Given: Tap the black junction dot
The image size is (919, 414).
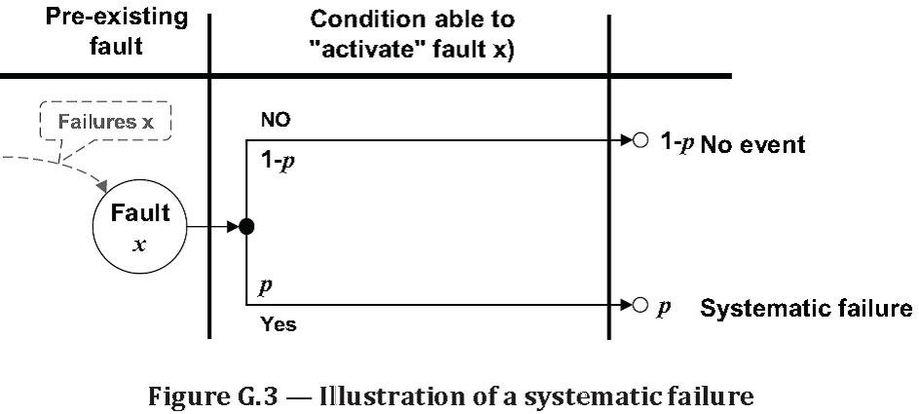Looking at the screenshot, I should coord(246,227).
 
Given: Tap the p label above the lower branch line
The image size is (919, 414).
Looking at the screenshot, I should coord(264,289).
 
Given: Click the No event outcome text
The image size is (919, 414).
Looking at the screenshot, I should coord(753,145).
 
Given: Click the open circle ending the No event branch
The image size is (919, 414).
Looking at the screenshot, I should coord(639,141).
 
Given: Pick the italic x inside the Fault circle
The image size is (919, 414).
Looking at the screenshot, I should coord(139,243).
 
